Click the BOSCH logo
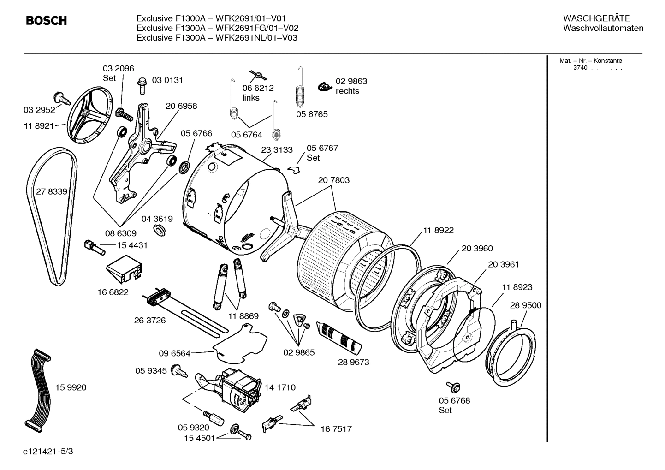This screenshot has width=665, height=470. (x=46, y=21)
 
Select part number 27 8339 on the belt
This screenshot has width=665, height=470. (x=52, y=192)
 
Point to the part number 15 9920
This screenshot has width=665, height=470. (x=71, y=387)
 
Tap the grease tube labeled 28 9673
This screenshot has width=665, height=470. (x=340, y=337)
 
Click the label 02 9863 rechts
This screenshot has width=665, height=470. (x=351, y=86)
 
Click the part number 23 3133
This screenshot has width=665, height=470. (x=277, y=150)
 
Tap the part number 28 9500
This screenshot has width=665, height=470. (x=526, y=305)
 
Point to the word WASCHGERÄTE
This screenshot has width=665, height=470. (x=596, y=18)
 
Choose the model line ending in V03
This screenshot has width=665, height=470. (x=217, y=38)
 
